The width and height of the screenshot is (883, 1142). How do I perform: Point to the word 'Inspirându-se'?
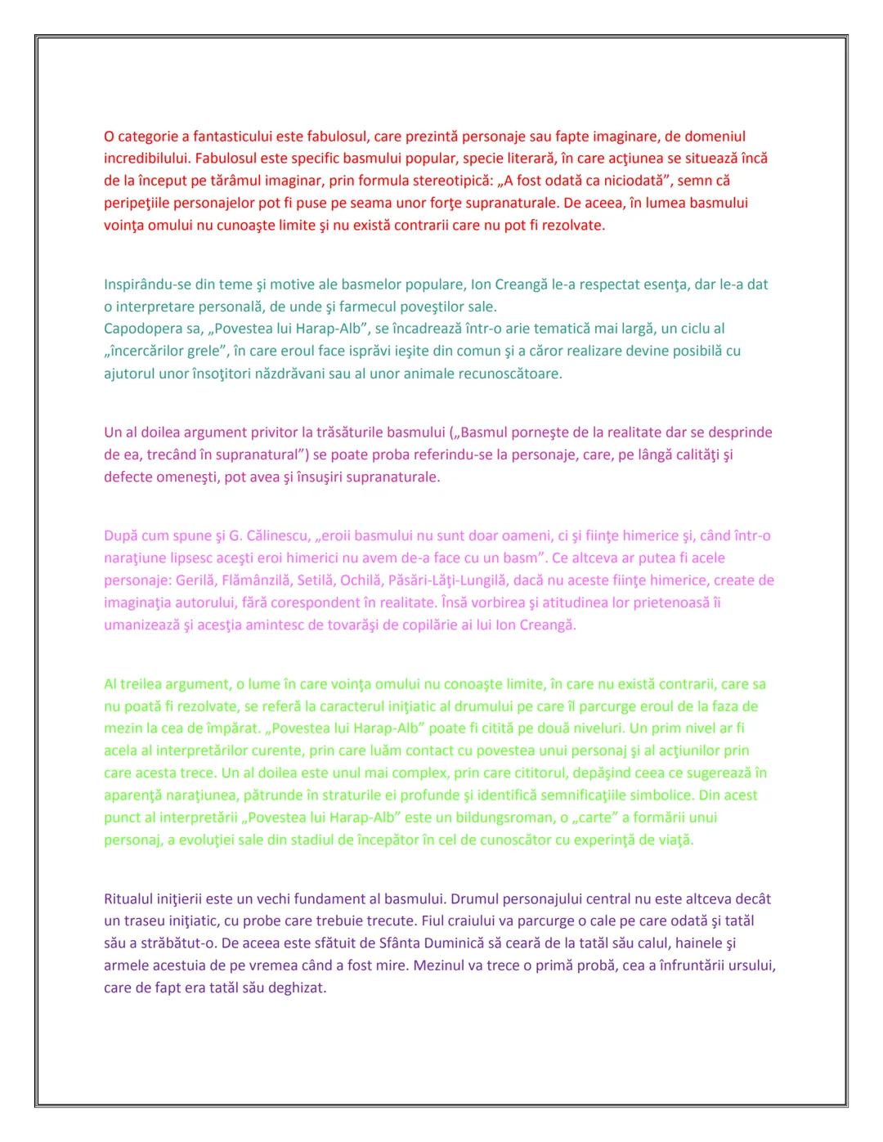(147, 284)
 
